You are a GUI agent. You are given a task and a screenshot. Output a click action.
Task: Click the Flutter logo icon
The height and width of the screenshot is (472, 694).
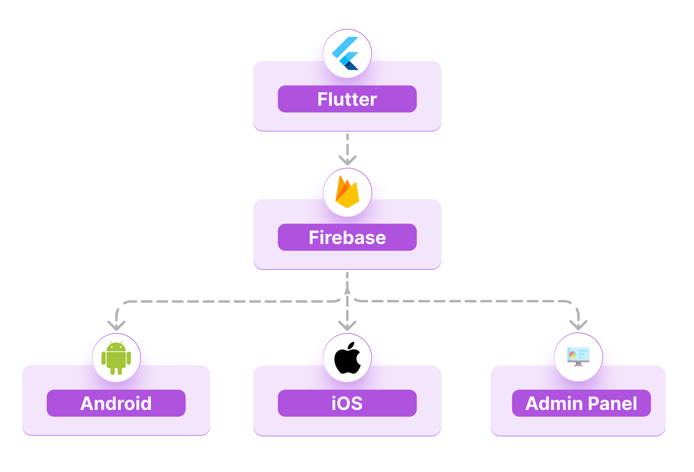click(346, 53)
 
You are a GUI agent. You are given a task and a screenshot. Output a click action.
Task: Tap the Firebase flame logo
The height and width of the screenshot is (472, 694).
click(347, 193)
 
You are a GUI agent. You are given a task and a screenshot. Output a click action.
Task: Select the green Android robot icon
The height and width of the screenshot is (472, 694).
click(116, 358)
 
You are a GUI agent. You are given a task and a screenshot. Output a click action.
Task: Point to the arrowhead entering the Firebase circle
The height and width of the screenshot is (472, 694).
click(347, 161)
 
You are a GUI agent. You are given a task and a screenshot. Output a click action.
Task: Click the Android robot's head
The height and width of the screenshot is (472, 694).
click(116, 347)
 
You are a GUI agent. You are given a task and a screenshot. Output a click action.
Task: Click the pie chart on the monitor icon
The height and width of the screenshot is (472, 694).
click(572, 354)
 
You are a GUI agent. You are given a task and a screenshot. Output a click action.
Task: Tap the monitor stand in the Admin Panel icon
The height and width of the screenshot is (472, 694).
click(578, 364)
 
